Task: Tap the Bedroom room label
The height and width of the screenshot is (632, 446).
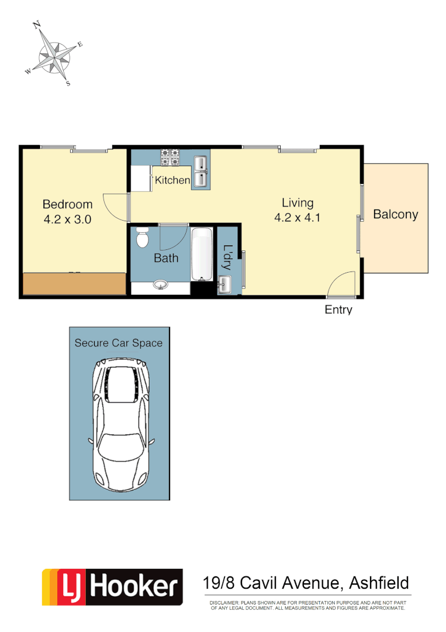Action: [67, 204]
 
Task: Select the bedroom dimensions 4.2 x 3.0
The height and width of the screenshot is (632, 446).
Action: [67, 219]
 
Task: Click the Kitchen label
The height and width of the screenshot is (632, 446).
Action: [172, 180]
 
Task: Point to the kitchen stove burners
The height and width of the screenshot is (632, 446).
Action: [170, 157]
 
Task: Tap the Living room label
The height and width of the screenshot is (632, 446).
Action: [298, 203]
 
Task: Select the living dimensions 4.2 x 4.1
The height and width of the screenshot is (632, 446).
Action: [298, 218]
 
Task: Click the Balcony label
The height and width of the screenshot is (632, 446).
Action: [396, 214]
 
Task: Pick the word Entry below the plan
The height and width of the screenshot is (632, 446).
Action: [338, 310]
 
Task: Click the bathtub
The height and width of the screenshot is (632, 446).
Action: [202, 255]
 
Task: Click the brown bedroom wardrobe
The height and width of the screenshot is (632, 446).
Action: [74, 283]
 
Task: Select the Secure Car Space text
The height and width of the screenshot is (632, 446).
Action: [119, 343]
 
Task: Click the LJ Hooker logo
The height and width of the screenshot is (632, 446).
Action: [112, 587]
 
